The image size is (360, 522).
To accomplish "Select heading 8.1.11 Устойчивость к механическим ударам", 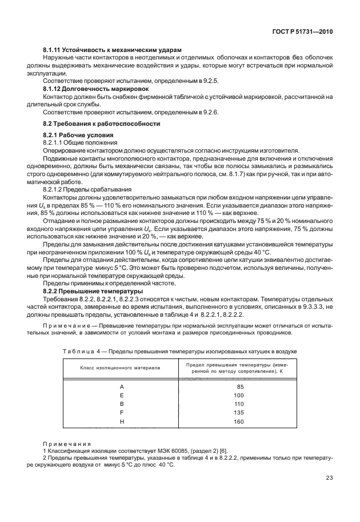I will tap(112, 51).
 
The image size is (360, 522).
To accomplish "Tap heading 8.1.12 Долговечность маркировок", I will tap(95, 89).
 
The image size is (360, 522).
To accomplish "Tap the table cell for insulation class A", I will tap(122, 386).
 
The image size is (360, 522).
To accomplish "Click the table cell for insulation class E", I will tap(122, 395).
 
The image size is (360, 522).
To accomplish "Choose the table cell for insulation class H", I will tap(122, 422).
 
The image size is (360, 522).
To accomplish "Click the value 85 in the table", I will tap(240, 386).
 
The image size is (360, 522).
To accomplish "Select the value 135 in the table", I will tap(239, 413).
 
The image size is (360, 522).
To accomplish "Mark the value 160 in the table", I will tap(239, 422).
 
